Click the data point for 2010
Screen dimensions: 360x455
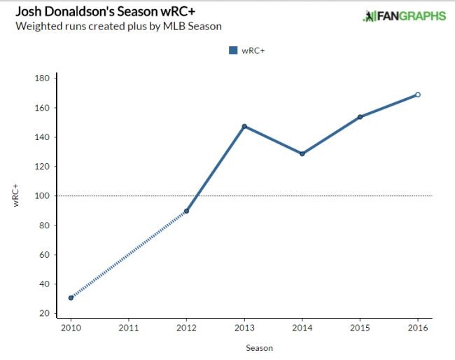pos(71,298)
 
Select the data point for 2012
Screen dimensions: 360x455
pos(186,211)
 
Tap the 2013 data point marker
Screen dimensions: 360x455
pos(244,126)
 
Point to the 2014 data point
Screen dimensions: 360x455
pos(302,153)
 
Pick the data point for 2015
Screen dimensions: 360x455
pos(360,117)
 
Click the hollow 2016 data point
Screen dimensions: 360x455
pos(418,95)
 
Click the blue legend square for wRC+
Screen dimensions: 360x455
pos(233,50)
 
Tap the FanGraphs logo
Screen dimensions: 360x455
pos(404,16)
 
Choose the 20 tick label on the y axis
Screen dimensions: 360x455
pos(43,314)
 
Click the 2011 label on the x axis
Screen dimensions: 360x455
pos(128,327)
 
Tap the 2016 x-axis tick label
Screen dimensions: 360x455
pos(418,327)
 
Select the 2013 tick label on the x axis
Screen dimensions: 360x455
pos(244,327)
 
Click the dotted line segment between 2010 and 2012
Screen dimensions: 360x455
pos(128,254)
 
